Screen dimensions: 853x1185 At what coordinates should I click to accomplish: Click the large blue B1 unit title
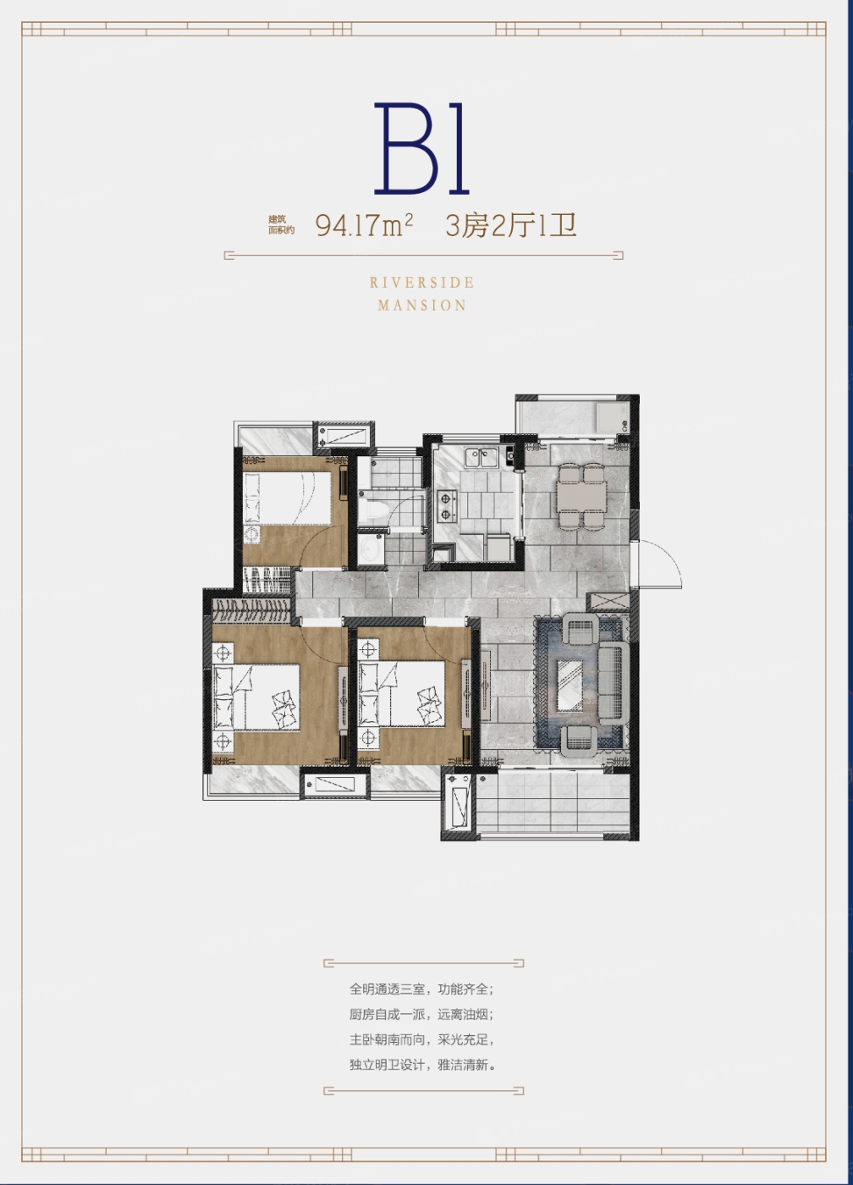coord(421,148)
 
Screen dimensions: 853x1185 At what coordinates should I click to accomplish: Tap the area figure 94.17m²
coord(364,226)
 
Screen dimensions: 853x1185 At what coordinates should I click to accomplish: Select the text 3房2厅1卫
coord(511,226)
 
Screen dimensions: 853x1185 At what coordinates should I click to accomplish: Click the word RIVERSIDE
coord(421,283)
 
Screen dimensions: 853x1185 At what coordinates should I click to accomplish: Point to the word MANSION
coord(421,306)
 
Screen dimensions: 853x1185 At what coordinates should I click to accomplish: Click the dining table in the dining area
coord(581,496)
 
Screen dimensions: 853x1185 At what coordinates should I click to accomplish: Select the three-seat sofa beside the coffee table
coord(614,684)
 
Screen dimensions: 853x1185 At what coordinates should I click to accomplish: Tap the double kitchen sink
coord(481,458)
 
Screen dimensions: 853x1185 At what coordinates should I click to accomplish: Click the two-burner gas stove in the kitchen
coord(446,505)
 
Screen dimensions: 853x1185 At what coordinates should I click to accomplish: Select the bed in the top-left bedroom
coord(287,499)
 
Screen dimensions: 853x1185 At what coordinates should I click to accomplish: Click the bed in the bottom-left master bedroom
coord(256,697)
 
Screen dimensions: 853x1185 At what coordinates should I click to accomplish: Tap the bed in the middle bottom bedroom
coord(401,694)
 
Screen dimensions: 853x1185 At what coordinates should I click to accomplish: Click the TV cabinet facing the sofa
coord(486,686)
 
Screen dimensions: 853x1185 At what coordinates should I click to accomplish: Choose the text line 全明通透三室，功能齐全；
coord(421,989)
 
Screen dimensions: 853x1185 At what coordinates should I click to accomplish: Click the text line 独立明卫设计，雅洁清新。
coord(422,1065)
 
